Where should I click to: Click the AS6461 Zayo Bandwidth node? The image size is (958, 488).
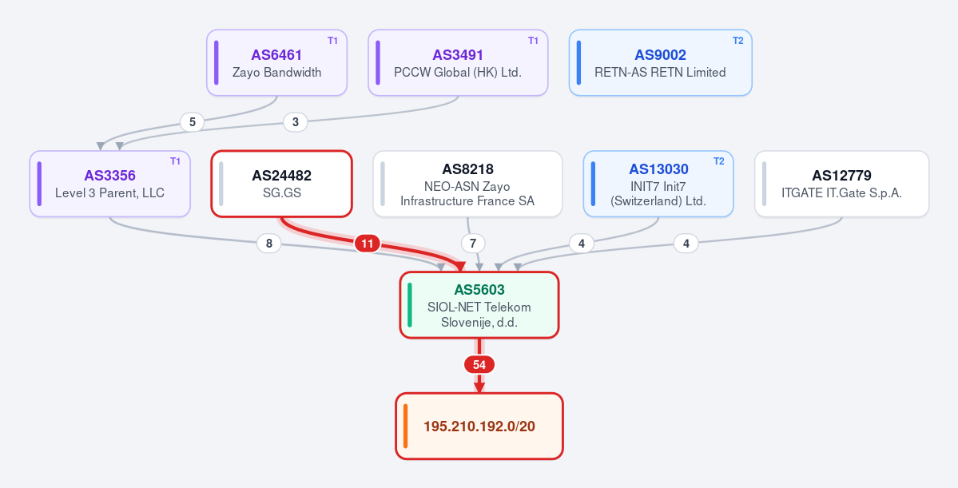[x=276, y=63]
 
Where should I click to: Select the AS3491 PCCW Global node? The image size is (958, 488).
[x=458, y=63]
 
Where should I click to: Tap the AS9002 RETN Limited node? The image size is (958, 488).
[x=661, y=63]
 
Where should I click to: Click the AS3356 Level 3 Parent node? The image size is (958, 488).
[x=110, y=184]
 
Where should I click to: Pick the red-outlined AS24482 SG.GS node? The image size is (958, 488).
[x=282, y=184]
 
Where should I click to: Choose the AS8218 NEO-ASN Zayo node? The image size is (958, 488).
[x=467, y=184]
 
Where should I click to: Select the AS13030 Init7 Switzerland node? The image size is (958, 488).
[x=658, y=184]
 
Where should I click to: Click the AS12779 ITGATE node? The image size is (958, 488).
[x=842, y=184]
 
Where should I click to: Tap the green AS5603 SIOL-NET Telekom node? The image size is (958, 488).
[x=479, y=305]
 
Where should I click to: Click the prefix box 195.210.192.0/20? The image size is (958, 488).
[x=479, y=426]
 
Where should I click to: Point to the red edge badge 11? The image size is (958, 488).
[x=368, y=244]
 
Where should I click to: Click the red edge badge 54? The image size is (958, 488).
[x=479, y=365]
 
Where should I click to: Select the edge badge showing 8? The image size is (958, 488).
[x=268, y=244]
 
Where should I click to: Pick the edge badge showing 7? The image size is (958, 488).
[x=473, y=244]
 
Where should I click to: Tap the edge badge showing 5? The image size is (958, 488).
[x=193, y=122]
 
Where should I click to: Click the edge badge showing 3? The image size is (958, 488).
[x=296, y=122]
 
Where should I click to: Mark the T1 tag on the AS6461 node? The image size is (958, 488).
[x=332, y=41]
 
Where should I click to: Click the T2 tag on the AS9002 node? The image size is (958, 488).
[x=738, y=41]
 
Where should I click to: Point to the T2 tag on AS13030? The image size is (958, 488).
[x=719, y=162]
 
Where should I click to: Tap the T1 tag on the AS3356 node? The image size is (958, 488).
[x=175, y=162]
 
